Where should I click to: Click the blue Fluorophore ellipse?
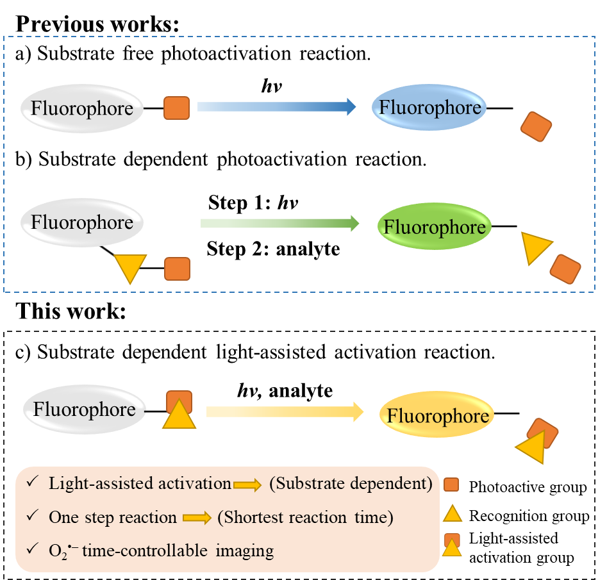pyautogui.click(x=429, y=108)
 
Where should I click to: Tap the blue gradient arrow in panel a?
pyautogui.click(x=276, y=106)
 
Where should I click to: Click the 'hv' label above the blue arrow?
pyautogui.click(x=270, y=86)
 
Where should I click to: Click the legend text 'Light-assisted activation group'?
pyautogui.click(x=521, y=548)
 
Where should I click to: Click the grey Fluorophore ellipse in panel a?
pyautogui.click(x=81, y=108)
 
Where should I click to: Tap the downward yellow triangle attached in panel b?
pyautogui.click(x=127, y=267)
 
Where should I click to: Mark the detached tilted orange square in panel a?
pyautogui.click(x=536, y=127)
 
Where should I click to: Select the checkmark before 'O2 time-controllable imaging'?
pyautogui.click(x=31, y=549)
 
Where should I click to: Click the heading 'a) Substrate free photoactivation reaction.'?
pyautogui.click(x=193, y=54)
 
